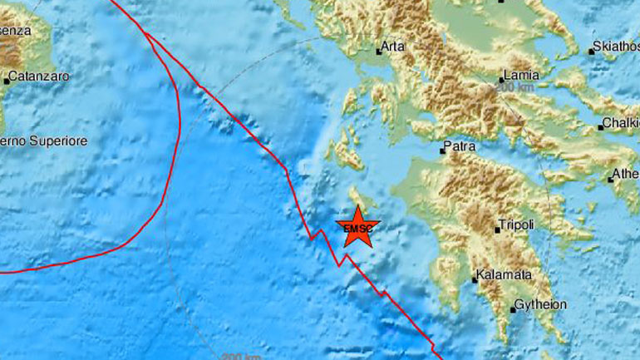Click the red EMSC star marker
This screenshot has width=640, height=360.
coord(358,227)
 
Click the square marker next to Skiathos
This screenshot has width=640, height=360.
coord(592,52)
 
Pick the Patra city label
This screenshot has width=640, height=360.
coord(460,146)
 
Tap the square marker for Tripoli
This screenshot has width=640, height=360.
coord(497,229)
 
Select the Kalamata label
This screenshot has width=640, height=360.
coord(504,274)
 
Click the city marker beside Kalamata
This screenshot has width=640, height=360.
coord(475,279)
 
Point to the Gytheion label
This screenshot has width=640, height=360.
coord(540,304)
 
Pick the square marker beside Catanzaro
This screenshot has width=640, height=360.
coord(7,81)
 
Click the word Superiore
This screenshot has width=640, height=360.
coord(58,141)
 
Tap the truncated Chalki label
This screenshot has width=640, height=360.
coord(623,122)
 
